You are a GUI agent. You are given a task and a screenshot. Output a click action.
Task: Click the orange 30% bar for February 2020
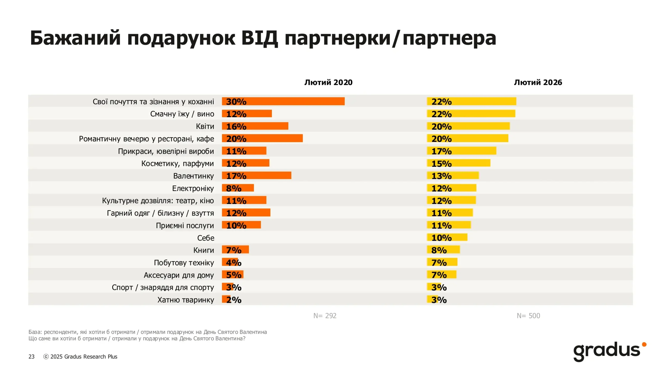click(x=283, y=101)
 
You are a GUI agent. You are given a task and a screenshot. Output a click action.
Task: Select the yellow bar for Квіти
click(x=468, y=126)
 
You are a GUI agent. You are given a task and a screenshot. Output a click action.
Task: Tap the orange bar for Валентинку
click(x=256, y=176)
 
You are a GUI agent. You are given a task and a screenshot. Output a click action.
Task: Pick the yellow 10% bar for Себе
click(x=447, y=237)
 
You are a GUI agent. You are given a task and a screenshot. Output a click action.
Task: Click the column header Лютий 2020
click(x=328, y=82)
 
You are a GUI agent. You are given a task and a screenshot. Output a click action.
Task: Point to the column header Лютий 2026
click(x=538, y=82)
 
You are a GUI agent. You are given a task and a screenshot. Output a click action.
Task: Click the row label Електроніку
click(x=193, y=188)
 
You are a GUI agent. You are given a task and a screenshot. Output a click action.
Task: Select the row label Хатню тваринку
click(x=185, y=300)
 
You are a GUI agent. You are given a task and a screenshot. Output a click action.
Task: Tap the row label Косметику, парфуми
click(x=177, y=164)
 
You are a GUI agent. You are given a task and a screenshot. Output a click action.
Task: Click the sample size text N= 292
click(x=325, y=316)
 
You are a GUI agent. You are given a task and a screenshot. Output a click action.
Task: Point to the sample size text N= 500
click(x=528, y=316)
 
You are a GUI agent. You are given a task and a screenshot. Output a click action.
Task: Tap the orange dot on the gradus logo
click(x=644, y=345)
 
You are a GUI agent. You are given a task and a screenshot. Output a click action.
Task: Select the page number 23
click(x=31, y=357)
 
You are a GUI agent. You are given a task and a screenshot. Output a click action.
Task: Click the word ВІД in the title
click(x=260, y=38)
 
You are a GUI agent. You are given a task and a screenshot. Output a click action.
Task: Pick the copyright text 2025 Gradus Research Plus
click(x=84, y=357)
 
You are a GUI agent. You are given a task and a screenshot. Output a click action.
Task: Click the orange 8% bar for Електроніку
click(x=238, y=188)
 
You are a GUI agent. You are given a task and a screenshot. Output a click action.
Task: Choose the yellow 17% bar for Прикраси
click(x=462, y=151)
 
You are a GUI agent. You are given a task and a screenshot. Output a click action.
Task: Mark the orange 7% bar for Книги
click(x=235, y=250)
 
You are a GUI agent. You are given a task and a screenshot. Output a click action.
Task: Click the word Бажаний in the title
click(x=75, y=38)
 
